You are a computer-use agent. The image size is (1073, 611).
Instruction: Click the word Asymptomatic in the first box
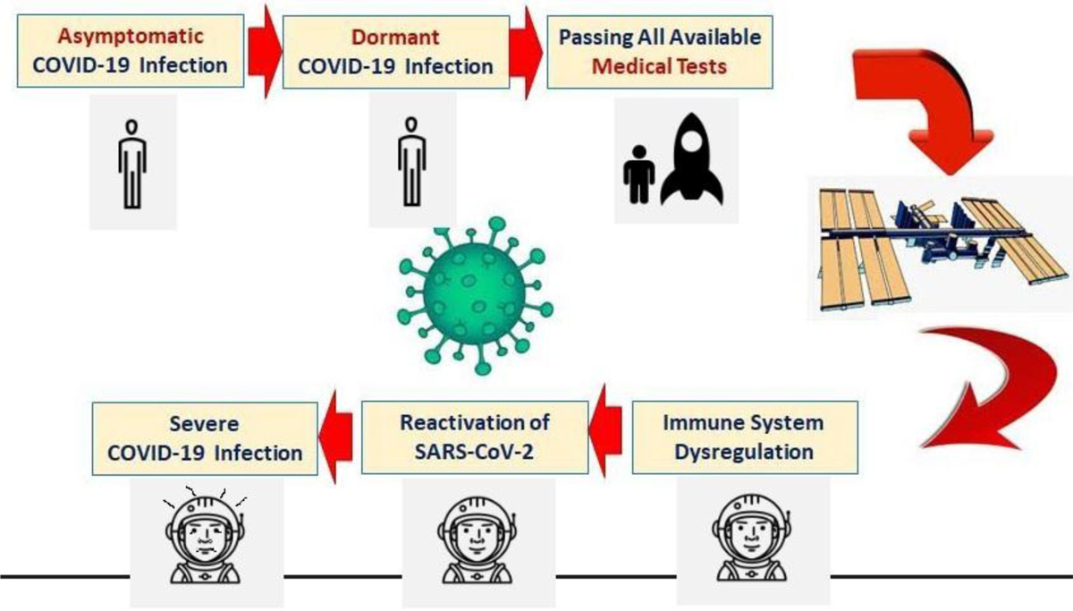coord(131,37)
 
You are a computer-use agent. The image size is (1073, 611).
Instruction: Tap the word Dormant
coord(395,38)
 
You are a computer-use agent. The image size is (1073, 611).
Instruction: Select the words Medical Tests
coord(659,66)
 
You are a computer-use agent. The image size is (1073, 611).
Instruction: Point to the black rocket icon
coord(692,159)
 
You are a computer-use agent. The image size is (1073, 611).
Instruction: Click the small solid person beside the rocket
coord(638,174)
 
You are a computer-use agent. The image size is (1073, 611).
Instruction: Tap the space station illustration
coord(942,248)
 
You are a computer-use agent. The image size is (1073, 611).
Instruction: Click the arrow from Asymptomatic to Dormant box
coord(264,52)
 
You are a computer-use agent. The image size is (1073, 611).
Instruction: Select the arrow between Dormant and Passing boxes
coord(526,53)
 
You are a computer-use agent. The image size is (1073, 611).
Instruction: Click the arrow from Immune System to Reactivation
coord(605,430)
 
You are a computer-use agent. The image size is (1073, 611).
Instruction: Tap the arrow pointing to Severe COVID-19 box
coord(335,437)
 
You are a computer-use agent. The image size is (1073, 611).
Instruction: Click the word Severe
coord(204,424)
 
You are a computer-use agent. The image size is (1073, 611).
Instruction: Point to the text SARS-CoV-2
coord(474,453)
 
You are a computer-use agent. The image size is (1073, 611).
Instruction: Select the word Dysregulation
coord(744,453)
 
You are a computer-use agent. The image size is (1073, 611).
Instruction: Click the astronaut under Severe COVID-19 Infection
coord(205,536)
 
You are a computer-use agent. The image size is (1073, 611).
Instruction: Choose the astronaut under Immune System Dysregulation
coord(752,539)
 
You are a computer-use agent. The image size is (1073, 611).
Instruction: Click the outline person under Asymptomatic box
coord(132,165)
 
